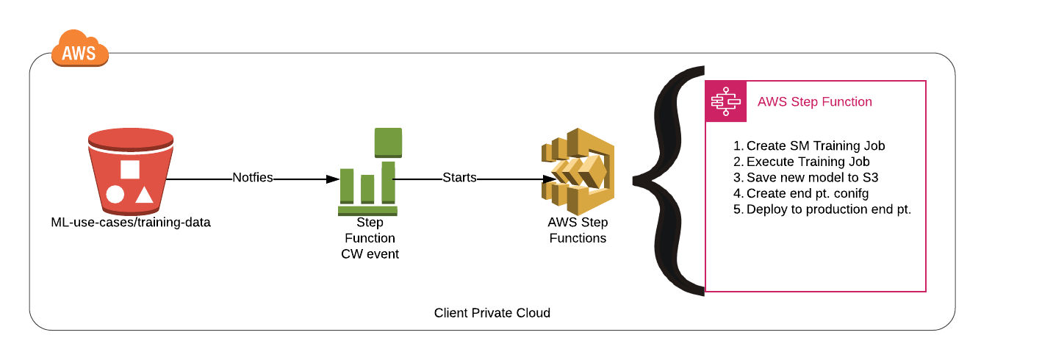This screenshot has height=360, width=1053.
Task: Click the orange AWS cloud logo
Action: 79,49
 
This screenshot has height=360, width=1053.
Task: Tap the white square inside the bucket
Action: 130,169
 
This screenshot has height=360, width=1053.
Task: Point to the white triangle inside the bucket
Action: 144,195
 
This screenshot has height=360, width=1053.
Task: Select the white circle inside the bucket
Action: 115,195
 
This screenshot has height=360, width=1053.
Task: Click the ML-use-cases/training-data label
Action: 131,222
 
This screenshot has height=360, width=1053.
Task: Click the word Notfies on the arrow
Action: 253,178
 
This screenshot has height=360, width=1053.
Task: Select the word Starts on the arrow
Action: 459,178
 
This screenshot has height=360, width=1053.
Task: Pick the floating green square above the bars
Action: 388,142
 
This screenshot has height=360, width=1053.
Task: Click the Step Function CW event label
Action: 370,238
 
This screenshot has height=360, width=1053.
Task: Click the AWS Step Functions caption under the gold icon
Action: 578,230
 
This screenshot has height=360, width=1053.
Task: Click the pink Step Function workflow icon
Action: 725,101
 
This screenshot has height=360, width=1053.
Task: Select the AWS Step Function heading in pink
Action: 814,102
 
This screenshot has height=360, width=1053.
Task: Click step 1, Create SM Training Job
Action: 809,145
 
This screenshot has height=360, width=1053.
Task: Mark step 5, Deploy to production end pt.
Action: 822,209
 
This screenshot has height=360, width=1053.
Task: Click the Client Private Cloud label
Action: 492,313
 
